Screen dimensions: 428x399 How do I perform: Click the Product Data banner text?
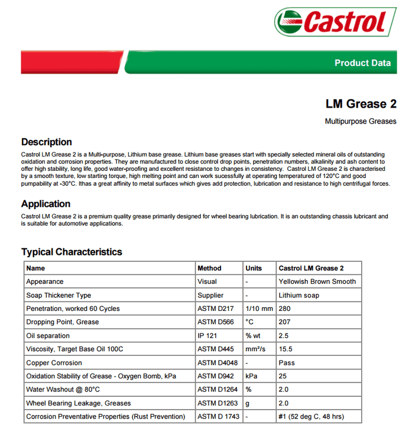(x=362, y=63)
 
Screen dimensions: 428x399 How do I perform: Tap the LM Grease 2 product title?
(x=361, y=104)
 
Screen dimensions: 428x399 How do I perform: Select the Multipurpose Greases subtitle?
(x=361, y=122)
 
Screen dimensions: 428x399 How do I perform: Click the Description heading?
(x=47, y=142)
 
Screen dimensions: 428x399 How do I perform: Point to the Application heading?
(x=46, y=204)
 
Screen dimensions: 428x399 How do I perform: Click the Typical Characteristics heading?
(x=72, y=252)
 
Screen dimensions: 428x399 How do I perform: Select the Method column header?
(x=209, y=268)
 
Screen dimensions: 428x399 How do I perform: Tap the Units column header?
(x=254, y=268)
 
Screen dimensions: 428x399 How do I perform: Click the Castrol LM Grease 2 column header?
(x=311, y=268)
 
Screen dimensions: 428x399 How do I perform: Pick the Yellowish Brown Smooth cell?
(x=317, y=282)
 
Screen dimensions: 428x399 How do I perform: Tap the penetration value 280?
(x=286, y=309)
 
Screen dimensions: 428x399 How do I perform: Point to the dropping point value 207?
(x=286, y=322)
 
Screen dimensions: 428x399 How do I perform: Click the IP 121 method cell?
(x=207, y=336)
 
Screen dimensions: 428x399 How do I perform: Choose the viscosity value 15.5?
(x=287, y=349)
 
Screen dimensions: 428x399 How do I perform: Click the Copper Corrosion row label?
(x=54, y=363)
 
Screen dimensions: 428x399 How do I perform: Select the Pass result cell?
(x=287, y=363)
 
